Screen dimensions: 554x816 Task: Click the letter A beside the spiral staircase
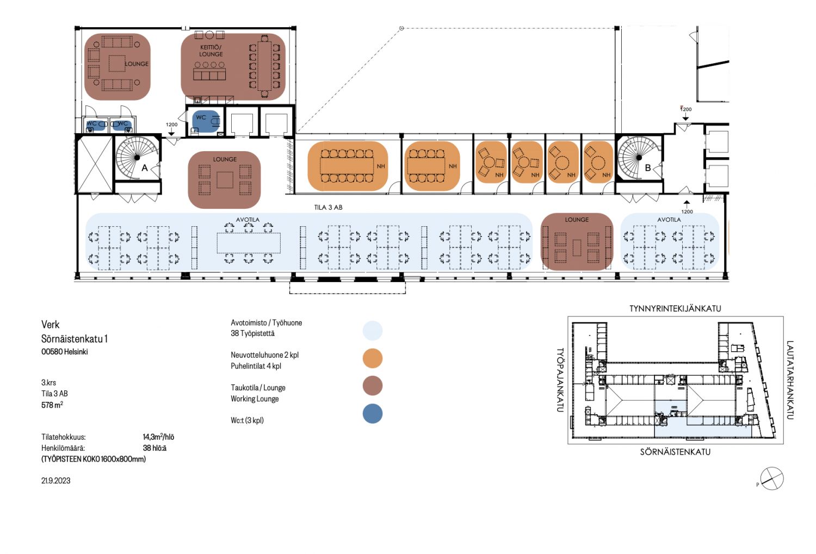tap(145, 169)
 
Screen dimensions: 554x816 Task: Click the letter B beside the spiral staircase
tap(647, 168)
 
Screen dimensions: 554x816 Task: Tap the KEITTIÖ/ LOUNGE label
tap(211, 51)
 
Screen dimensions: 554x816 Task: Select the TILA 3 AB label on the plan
tap(328, 207)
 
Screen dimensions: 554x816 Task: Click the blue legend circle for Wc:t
tap(373, 414)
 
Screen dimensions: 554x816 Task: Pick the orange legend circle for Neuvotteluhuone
tap(373, 358)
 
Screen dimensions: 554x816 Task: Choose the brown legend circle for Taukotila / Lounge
tap(373, 385)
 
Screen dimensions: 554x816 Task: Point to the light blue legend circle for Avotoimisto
tap(373, 330)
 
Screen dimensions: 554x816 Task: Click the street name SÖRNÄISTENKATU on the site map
tap(675, 452)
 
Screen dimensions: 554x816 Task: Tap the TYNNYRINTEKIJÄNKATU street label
tap(675, 308)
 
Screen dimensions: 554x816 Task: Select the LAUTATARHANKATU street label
tap(790, 380)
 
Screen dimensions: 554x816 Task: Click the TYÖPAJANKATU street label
tap(560, 380)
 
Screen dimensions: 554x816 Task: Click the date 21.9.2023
tap(56, 481)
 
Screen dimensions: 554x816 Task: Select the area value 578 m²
tap(52, 405)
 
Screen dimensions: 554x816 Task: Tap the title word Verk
tap(50, 325)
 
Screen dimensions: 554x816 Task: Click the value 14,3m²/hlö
tap(158, 437)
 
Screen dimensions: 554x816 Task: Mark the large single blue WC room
tap(204, 121)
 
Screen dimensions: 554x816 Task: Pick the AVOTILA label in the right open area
tap(669, 220)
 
